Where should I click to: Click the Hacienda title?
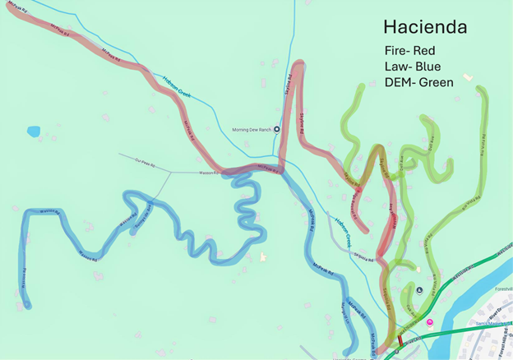(425, 26)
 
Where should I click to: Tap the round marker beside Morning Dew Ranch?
(276, 129)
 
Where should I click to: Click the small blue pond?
(34, 132)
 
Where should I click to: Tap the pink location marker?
(428, 322)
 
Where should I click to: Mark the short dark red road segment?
(400, 340)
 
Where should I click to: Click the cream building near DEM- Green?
(468, 77)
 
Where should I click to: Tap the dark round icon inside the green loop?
(420, 290)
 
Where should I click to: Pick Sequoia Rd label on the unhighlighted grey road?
(360, 256)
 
